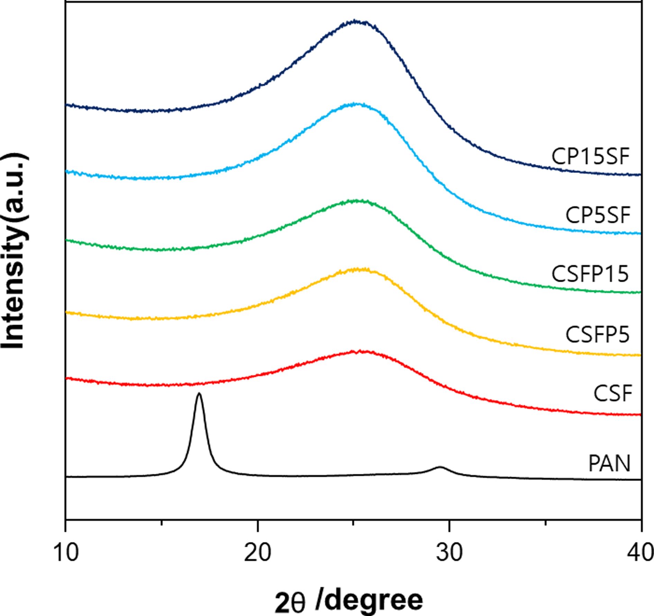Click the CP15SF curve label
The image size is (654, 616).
590,157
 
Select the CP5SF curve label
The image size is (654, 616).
598,215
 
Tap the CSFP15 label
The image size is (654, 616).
590,274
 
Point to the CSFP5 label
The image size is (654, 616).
597,334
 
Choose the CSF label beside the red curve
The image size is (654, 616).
613,393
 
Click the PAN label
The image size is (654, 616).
609,463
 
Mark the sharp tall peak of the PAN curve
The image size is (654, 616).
199,394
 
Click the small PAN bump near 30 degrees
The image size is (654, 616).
440,467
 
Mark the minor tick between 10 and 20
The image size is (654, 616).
162,522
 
